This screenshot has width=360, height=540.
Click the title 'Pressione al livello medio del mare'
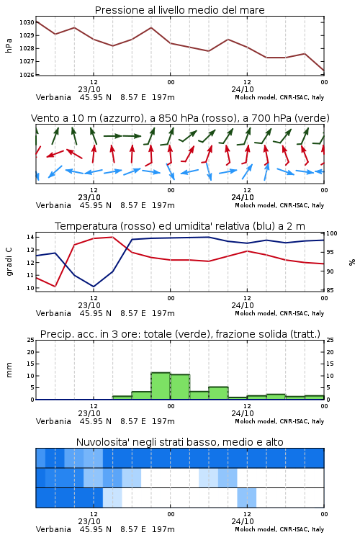pos(179,10)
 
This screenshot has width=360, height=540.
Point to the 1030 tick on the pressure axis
pos(27,22)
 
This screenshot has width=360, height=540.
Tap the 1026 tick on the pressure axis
pos(27,74)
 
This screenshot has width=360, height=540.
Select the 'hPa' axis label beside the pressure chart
pos(9,45)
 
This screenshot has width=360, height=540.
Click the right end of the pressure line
pos(324,71)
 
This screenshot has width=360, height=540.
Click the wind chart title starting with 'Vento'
pos(180,118)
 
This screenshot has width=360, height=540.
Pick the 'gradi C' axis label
pos(9,262)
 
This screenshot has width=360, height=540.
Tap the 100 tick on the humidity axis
pos(332,233)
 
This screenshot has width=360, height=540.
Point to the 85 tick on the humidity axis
pos(330,290)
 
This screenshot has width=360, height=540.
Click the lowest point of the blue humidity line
pos(94,287)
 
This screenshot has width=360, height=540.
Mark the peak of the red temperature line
pos(112,237)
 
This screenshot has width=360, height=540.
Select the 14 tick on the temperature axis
pos(30,237)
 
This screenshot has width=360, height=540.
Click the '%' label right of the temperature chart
pos(352,262)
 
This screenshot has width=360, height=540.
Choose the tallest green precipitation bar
pos(161,386)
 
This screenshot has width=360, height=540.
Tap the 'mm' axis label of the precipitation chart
pos(9,370)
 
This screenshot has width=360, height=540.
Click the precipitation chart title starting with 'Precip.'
pos(180,334)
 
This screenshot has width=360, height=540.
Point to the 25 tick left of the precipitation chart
pos(30,340)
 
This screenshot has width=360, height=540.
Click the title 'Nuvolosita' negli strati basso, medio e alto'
pos(179,442)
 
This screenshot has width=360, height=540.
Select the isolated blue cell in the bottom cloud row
pos(247,498)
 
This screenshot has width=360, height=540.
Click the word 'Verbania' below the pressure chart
pos(53,97)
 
